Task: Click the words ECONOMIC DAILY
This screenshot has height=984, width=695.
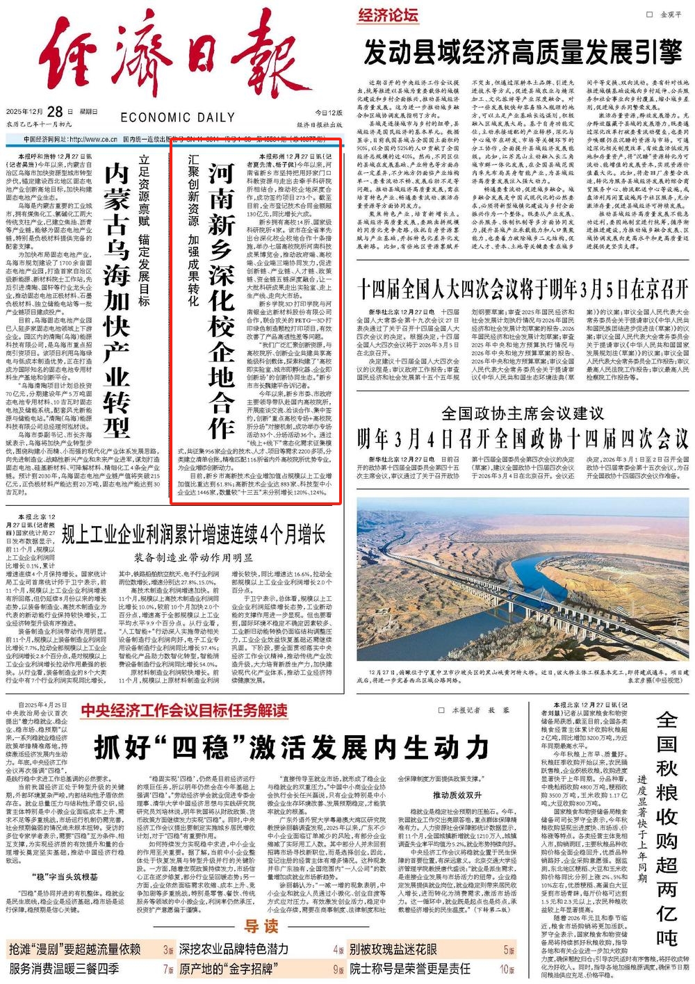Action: click(177, 118)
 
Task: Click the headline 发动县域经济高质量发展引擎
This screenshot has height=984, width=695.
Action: click(524, 51)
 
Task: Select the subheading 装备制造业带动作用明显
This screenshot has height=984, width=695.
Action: click(193, 557)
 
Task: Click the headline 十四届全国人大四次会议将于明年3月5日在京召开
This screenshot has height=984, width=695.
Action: click(522, 288)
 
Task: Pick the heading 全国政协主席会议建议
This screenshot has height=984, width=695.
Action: click(522, 413)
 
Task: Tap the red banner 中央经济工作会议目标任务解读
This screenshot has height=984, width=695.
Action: click(183, 710)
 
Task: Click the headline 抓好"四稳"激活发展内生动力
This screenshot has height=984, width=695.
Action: click(292, 747)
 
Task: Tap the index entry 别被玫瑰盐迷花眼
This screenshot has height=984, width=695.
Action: click(393, 949)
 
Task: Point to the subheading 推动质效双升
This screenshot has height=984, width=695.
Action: click(457, 794)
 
